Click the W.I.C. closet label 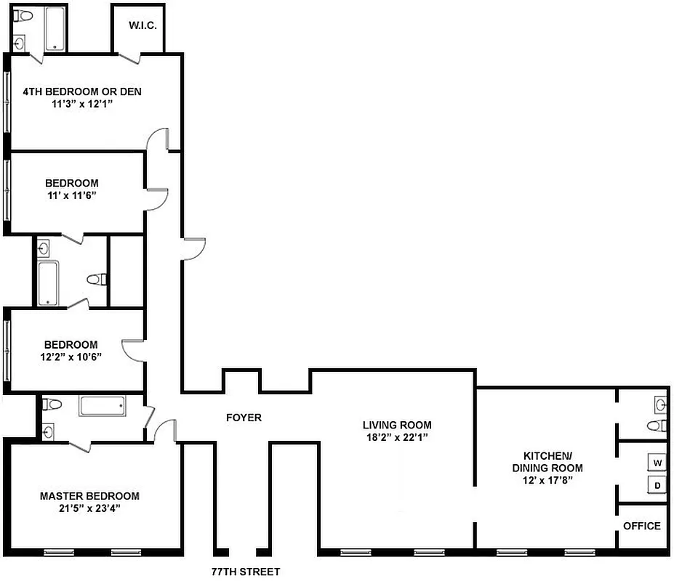[x=143, y=25]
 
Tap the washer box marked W [x=657, y=463]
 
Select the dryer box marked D [x=657, y=485]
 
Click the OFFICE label [x=642, y=526]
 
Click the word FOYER [x=244, y=418]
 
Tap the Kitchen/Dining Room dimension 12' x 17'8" [x=546, y=481]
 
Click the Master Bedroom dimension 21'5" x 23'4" [x=89, y=509]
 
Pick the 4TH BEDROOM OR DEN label [x=81, y=92]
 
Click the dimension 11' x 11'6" [x=71, y=196]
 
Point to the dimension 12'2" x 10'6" [x=71, y=357]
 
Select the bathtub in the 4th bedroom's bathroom [x=56, y=30]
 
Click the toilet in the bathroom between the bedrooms [x=96, y=279]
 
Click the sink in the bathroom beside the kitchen [x=660, y=404]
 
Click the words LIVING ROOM [x=397, y=425]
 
